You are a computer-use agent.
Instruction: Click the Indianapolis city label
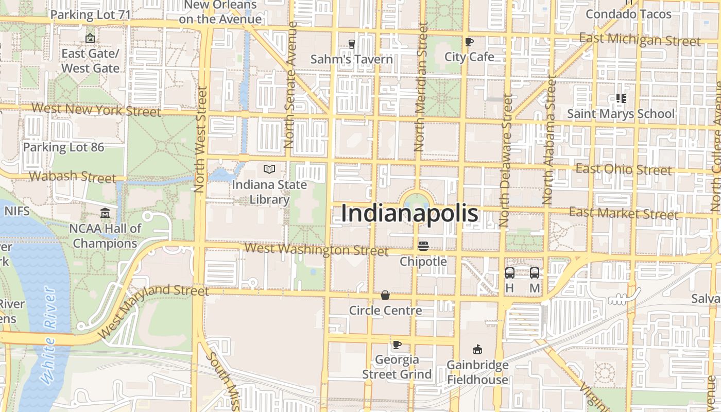coord(409,214)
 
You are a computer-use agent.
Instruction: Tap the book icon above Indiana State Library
coord(269,169)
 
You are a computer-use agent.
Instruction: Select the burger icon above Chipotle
coord(423,246)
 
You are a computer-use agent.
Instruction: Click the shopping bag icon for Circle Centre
coord(385,295)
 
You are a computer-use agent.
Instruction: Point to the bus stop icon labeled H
coord(509,273)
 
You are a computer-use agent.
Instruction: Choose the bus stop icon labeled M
coord(535,273)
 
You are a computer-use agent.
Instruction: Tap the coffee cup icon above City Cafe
coord(469,42)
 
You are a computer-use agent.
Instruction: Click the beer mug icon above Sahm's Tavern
coord(352,44)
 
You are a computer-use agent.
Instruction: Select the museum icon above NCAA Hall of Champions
coord(105,213)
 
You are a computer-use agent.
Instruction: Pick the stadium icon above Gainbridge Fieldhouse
coord(477,350)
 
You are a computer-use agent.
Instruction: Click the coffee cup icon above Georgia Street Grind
coord(397,345)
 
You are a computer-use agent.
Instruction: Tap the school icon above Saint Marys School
coord(621,98)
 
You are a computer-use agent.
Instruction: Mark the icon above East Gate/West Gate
coord(90,38)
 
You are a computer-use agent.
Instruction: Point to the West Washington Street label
coord(316,250)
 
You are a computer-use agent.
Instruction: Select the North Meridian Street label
coord(419,88)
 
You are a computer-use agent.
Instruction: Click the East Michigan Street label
coord(640,40)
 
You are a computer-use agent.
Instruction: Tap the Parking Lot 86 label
coord(63,147)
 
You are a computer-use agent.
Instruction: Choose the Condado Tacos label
coord(628,14)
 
